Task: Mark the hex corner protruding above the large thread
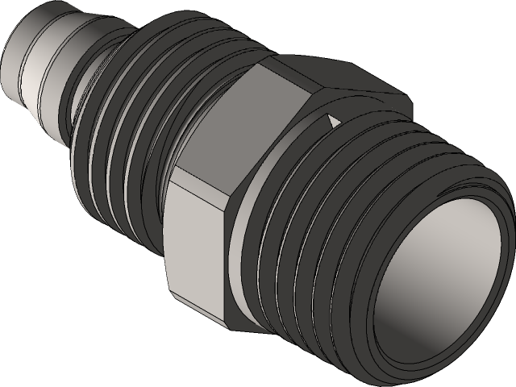(403, 105)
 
